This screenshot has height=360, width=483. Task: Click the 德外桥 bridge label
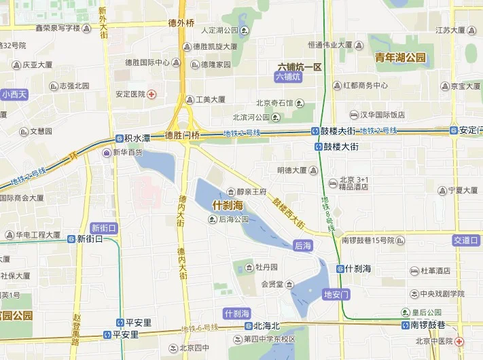[x=181, y=22]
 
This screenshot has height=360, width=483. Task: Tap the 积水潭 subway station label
[x=137, y=138]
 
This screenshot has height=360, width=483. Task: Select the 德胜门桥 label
[x=183, y=135]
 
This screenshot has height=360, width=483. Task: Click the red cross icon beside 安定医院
[x=152, y=94]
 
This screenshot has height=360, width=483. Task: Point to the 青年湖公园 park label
[x=400, y=58]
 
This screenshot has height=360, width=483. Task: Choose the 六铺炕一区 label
[x=300, y=67]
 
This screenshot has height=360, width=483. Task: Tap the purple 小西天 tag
[x=14, y=94]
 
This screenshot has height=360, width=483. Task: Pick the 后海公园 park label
[x=234, y=219]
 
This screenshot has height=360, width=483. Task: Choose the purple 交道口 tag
[x=467, y=240]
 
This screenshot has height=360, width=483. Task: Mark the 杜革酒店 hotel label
[x=435, y=270]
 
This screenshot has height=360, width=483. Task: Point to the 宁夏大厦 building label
[x=464, y=191]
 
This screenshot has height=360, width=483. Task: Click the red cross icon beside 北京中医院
[x=460, y=341]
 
